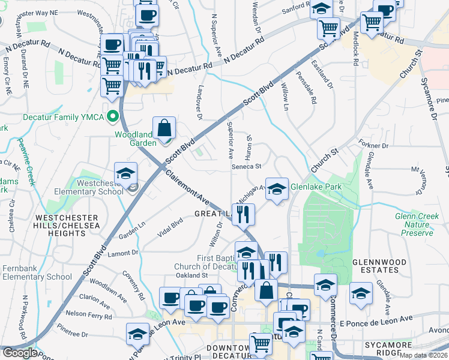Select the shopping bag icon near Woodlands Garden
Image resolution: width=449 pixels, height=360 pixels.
(164, 128)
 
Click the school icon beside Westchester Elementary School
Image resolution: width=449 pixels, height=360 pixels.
(126, 175)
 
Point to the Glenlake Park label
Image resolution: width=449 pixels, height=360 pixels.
(316, 187)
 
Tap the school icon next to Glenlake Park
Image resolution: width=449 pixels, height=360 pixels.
(276, 189)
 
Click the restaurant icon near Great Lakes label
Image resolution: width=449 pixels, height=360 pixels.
(244, 214)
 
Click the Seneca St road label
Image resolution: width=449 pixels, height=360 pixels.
(246, 166)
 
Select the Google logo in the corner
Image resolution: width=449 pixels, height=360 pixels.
(20, 353)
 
